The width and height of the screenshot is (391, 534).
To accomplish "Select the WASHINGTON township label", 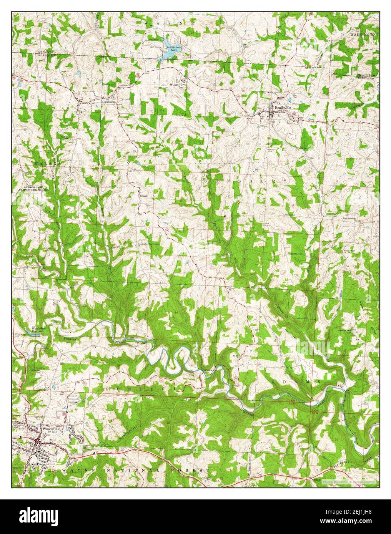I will point(363,35).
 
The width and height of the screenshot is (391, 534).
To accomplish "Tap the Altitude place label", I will point(311,481).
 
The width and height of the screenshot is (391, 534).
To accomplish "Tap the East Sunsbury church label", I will point(350,220).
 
